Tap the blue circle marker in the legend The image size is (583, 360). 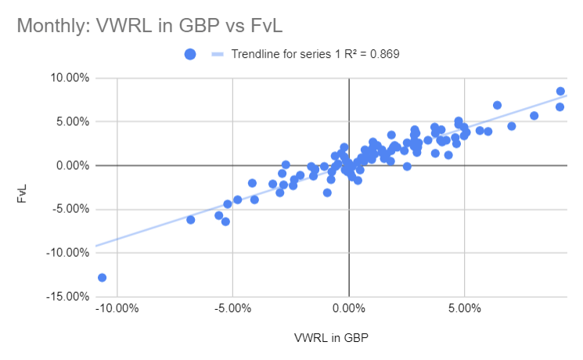[189, 54]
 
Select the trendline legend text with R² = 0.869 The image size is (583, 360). [316, 54]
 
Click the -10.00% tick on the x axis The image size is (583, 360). [117, 308]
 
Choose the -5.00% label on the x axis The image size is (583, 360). [233, 308]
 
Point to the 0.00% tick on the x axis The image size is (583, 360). [349, 308]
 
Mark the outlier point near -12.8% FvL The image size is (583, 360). [102, 278]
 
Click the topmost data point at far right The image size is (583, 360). [560, 92]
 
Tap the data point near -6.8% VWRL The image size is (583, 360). [190, 220]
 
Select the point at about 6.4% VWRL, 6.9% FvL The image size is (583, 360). [497, 105]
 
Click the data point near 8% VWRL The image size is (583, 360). [534, 116]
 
